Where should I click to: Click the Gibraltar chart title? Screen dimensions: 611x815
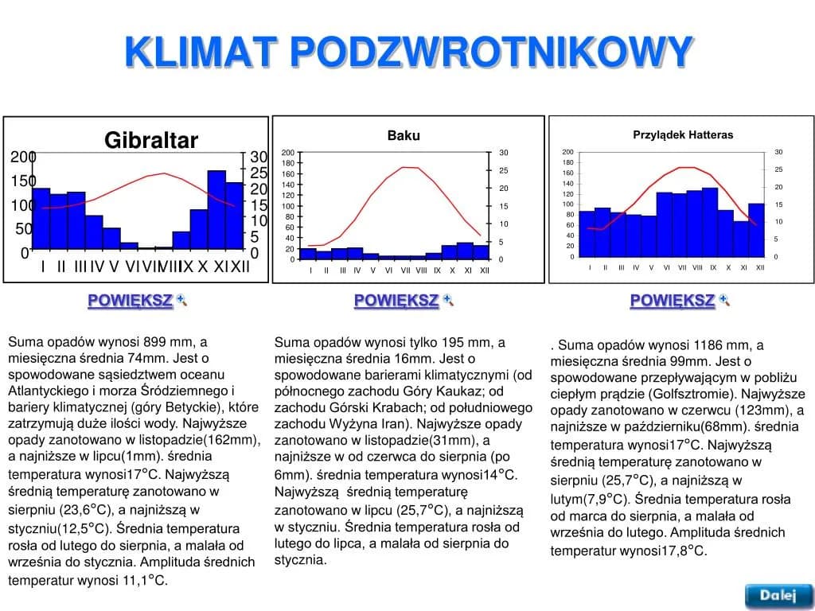(151, 141)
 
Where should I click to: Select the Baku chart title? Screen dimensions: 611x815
(404, 135)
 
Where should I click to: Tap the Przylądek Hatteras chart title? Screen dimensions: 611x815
(683, 134)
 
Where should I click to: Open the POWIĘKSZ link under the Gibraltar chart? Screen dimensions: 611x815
(130, 301)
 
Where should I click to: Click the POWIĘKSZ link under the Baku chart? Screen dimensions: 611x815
(396, 301)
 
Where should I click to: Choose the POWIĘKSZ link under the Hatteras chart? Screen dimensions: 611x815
(672, 301)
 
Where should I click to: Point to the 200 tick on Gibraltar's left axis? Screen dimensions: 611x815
(23, 157)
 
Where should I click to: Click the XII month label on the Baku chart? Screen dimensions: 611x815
(485, 270)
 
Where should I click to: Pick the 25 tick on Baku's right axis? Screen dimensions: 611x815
(503, 170)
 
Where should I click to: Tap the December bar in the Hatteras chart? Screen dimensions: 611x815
(756, 230)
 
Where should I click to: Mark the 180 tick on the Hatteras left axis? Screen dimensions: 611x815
(567, 162)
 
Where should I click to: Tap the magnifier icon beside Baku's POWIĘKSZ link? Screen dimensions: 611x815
(448, 300)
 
